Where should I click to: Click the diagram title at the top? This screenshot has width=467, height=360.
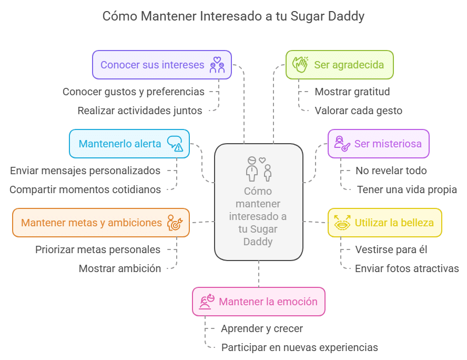[x=233, y=16]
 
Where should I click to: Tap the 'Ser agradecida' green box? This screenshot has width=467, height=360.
[x=339, y=65]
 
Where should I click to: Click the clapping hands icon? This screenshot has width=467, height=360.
[x=300, y=65]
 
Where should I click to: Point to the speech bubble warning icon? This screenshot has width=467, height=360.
[x=175, y=144]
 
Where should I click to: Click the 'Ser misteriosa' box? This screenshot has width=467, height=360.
[x=379, y=144]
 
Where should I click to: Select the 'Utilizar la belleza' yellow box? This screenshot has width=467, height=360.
[x=384, y=222]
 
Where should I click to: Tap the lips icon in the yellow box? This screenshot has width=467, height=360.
[x=342, y=223]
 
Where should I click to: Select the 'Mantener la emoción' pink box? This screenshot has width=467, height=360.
[x=258, y=302]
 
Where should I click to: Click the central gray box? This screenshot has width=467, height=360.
[x=259, y=202]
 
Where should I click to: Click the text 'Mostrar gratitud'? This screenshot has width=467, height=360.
[x=352, y=92]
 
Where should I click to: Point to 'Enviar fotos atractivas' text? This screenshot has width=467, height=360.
[x=407, y=268]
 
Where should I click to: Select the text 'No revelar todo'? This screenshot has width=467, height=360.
[x=390, y=171]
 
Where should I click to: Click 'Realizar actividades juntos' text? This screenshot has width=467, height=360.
[x=140, y=111]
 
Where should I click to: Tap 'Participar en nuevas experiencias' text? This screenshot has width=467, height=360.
[x=299, y=347]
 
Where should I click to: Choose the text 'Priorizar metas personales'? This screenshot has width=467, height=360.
[x=98, y=249]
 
